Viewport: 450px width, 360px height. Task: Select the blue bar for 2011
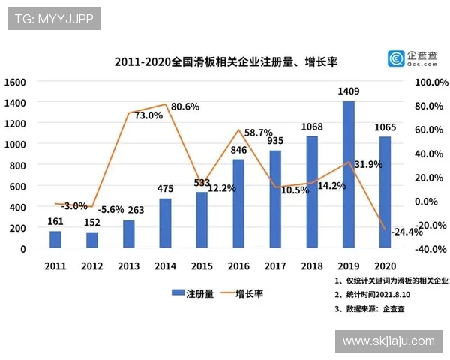55,239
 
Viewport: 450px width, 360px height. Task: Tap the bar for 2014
165,223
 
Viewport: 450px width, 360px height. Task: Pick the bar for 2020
385,192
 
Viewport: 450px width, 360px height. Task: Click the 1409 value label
349,91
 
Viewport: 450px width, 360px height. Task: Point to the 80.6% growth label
185,106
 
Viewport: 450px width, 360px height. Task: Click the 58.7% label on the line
258,133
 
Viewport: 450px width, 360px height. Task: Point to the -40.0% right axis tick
431,249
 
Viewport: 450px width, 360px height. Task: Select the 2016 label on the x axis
238,266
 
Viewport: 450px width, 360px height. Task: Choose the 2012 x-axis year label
91,266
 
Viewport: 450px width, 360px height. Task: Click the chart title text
226,60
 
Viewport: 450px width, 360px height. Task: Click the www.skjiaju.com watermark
388,341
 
